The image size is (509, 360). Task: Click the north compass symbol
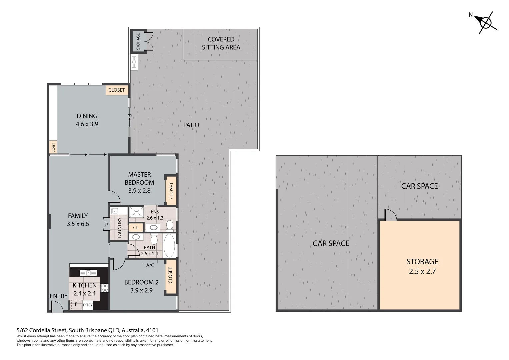[x=486, y=23]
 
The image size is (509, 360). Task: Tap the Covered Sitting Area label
[x=221, y=43]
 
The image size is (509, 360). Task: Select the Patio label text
[x=191, y=125]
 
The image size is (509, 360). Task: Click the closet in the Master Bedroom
[x=171, y=190]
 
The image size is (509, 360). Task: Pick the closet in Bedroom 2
[x=171, y=275]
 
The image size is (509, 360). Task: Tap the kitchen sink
[x=88, y=273]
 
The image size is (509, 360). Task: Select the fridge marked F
[x=76, y=304]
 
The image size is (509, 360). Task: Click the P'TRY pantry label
[x=88, y=305]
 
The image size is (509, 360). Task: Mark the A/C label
[x=150, y=265]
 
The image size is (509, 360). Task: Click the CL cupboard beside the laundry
[x=136, y=228]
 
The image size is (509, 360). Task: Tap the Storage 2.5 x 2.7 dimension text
[x=422, y=271]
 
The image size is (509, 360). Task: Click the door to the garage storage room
[x=390, y=215]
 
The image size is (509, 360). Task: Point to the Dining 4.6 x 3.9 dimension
[x=87, y=124]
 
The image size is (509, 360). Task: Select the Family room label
[x=78, y=216]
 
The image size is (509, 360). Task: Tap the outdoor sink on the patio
[x=134, y=62]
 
